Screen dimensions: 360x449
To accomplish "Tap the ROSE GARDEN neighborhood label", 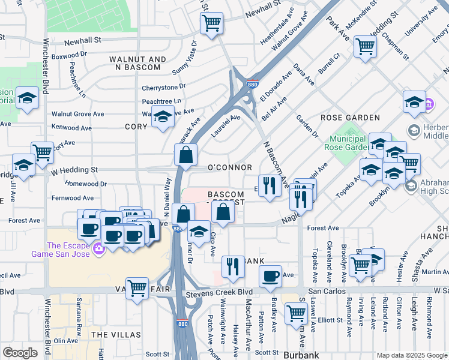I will click(351, 118).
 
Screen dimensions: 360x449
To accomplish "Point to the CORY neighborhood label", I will click(136, 127).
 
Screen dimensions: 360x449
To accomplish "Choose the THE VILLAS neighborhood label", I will click(116, 334).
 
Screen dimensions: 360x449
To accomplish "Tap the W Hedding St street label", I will click(74, 170).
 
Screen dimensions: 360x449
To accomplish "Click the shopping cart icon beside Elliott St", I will click(296, 312).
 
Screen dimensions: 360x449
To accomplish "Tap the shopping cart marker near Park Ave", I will click(365, 46).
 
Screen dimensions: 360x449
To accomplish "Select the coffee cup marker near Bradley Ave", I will click(271, 276).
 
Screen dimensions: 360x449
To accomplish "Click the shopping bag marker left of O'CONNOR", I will click(186, 154).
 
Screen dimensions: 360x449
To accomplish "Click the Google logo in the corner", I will click(20, 353).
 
